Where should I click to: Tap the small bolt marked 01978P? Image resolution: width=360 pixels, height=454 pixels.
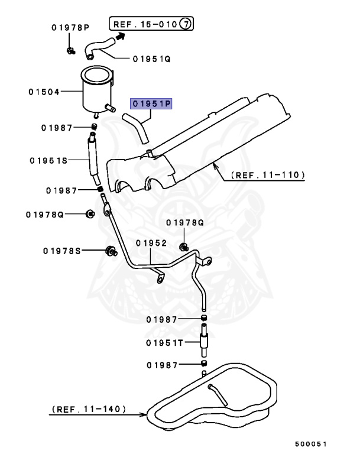(x=70, y=51)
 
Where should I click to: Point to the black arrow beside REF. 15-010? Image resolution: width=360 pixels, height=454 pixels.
(x=120, y=37)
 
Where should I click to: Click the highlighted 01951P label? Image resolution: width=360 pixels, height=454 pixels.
(x=151, y=104)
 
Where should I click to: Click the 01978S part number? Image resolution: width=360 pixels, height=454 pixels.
(x=61, y=251)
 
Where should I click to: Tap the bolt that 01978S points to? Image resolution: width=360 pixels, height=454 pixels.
(x=109, y=251)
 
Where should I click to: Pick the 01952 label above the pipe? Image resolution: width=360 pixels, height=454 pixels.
(x=151, y=243)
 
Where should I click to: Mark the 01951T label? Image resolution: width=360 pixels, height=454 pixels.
(x=166, y=342)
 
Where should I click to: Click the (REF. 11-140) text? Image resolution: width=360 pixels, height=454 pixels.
(x=88, y=408)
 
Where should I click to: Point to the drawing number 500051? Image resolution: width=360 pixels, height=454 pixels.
(x=310, y=443)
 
